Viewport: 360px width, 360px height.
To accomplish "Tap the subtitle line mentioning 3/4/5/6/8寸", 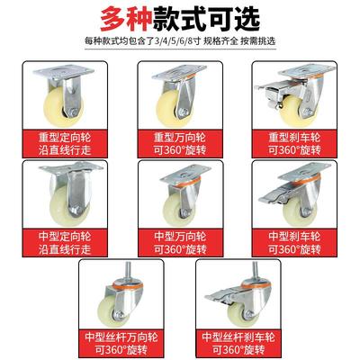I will coord(180,41).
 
